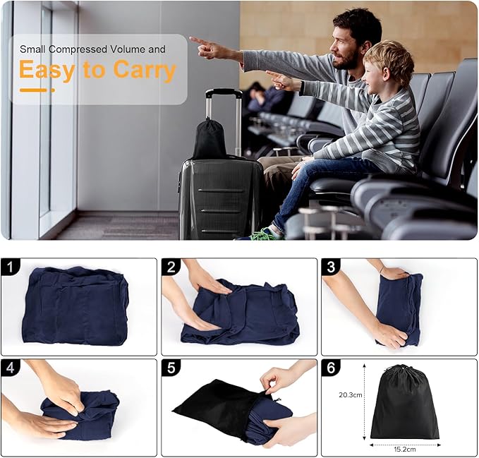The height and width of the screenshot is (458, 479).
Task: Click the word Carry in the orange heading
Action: pos(145,70)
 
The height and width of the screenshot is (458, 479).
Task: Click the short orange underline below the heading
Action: pos(37,90)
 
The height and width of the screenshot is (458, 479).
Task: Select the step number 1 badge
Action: pos(10,267)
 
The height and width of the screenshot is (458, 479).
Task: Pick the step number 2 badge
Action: pos(171,267)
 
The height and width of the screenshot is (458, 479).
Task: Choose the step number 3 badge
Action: pos(331,267)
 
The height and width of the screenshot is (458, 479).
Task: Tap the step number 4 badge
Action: pos(10,368)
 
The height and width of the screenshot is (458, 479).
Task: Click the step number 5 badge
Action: pos(171,368)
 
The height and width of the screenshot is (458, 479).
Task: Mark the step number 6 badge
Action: pos(331,368)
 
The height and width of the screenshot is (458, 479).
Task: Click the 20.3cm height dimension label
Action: pos(351,394)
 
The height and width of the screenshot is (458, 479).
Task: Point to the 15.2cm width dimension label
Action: pos(405,449)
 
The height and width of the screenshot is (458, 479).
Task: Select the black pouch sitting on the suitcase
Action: pos(210,138)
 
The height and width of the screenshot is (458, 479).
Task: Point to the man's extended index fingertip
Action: pos(191,39)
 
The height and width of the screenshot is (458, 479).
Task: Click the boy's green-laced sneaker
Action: pos(263,234)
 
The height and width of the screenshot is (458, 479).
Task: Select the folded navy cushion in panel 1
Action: pos(75,306)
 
